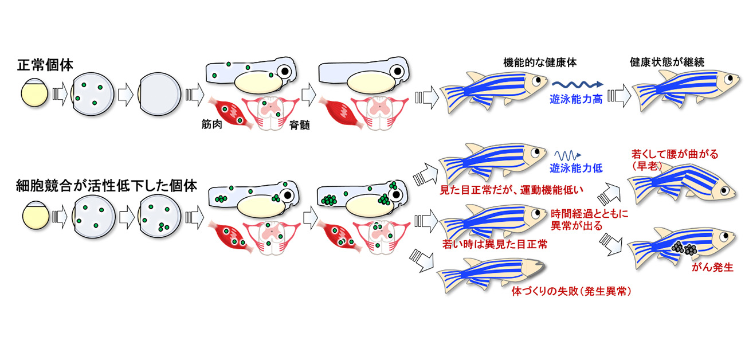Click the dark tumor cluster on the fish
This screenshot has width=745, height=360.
pyautogui.click(x=683, y=248)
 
